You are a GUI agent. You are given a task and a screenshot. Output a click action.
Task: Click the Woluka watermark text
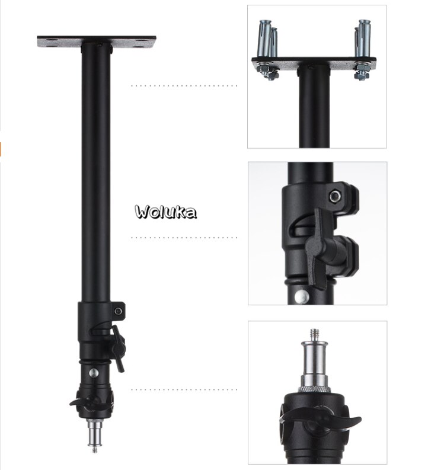click(x=166, y=212)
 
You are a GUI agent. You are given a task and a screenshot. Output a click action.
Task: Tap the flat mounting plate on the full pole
click(x=97, y=43)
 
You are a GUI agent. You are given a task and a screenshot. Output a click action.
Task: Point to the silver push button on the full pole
click(x=93, y=373)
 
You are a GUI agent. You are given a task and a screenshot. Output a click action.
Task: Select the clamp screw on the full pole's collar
click(x=119, y=311)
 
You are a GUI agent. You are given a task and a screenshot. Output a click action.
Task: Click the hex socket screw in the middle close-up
click(x=336, y=196)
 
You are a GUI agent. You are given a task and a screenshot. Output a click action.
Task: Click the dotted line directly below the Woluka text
click(x=184, y=238)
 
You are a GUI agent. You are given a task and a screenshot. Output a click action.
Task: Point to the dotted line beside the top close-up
click(x=184, y=86)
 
